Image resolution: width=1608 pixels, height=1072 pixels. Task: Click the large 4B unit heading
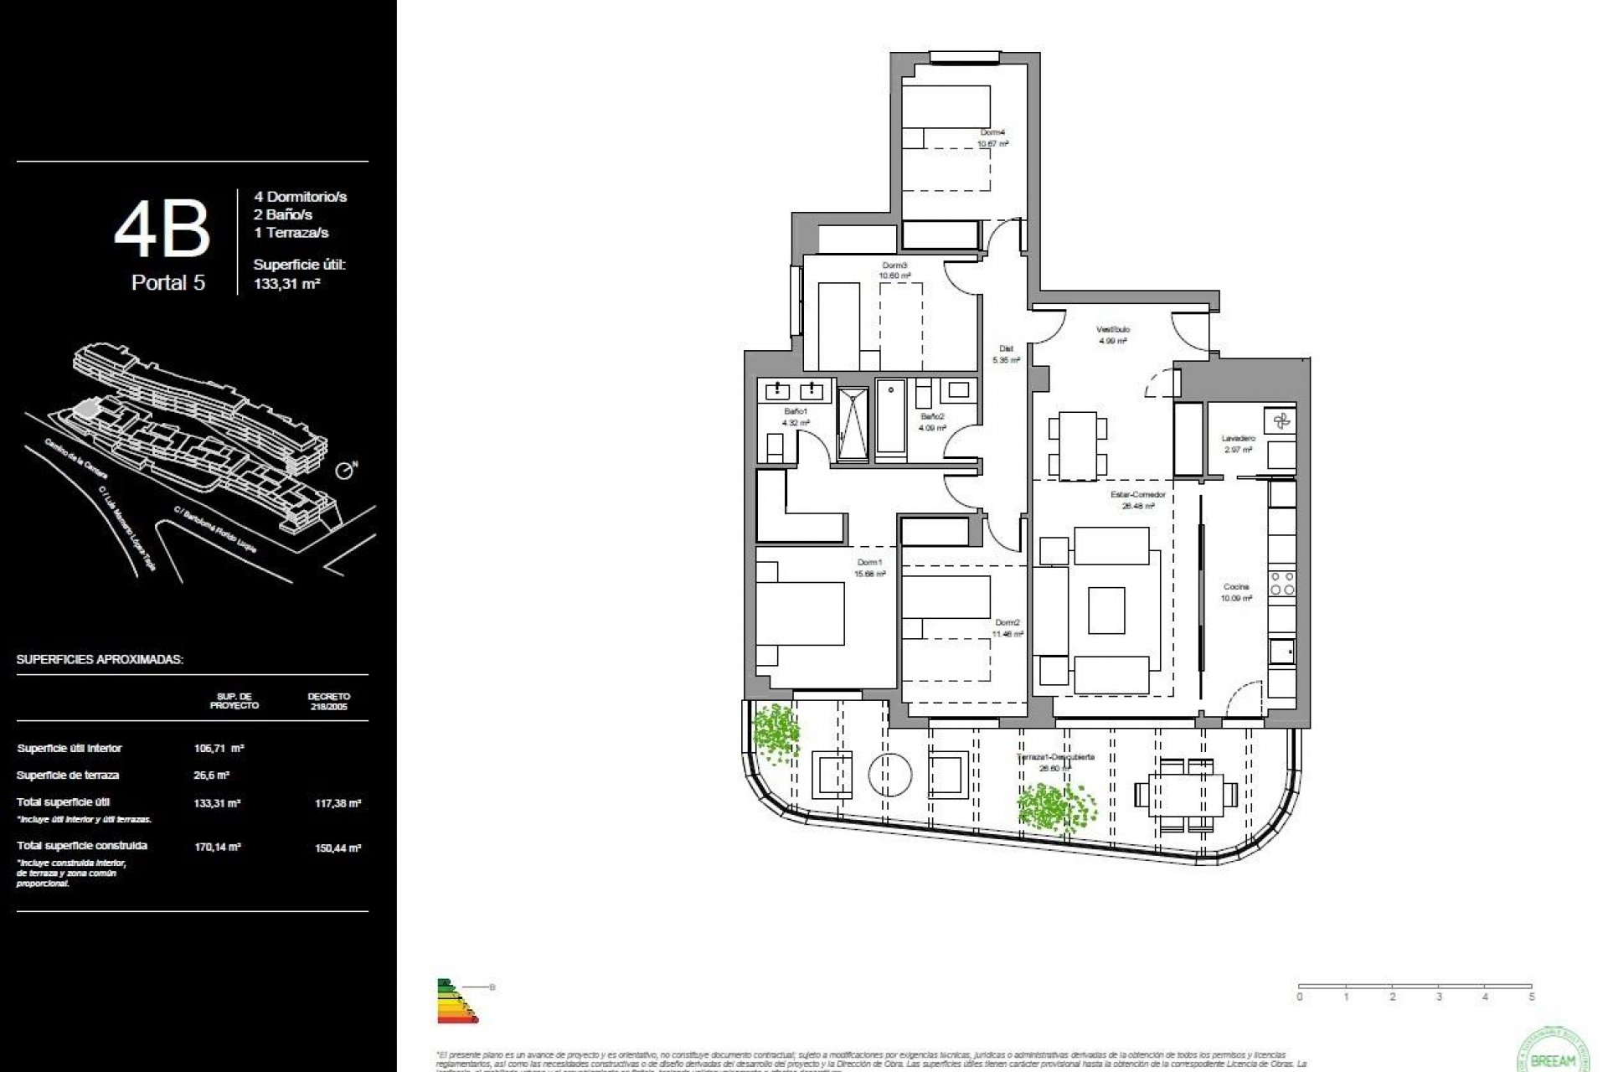tap(162, 229)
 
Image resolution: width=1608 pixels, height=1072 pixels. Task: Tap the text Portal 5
tap(167, 283)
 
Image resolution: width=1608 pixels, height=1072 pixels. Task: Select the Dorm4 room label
tap(992, 132)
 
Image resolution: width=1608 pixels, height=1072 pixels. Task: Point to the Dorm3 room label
tap(894, 265)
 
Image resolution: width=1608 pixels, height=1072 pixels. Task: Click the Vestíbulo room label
tap(1113, 330)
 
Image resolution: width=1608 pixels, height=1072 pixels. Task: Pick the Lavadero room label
tap(1238, 439)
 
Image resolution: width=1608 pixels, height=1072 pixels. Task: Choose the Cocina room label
tap(1236, 587)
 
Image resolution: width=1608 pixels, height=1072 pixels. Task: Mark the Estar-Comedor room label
tap(1138, 495)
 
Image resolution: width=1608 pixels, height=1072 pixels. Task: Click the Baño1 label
tap(796, 412)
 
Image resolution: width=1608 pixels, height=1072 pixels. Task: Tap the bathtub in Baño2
tap(891, 419)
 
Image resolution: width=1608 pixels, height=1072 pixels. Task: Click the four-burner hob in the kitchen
tap(1282, 584)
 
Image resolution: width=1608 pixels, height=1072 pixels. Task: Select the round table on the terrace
tap(890, 775)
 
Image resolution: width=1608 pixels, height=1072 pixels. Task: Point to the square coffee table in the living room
tap(1106, 610)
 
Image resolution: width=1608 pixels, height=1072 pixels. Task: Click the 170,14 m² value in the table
tap(218, 847)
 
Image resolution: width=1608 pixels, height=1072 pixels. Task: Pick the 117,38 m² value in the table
tap(338, 803)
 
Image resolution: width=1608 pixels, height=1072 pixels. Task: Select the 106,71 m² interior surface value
tap(219, 749)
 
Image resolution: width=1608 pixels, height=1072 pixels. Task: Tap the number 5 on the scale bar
tap(1532, 997)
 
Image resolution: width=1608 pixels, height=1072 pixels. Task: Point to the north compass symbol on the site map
tap(344, 471)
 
